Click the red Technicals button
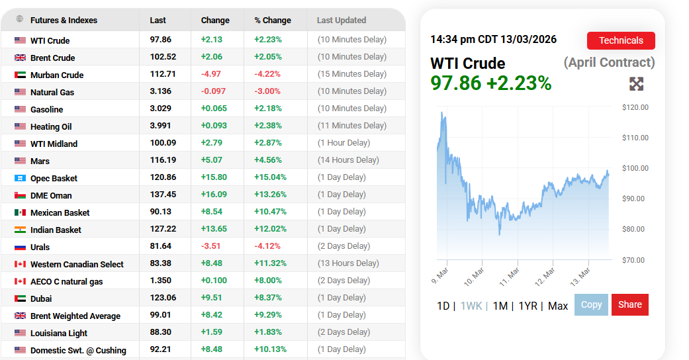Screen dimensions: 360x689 620,40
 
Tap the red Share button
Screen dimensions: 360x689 629,304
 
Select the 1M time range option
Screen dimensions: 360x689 500,306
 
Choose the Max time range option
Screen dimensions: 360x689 558,306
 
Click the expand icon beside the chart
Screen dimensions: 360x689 636,84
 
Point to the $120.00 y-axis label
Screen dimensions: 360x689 635,107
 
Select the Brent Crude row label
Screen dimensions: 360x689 52,58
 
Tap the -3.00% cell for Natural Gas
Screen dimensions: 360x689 267,91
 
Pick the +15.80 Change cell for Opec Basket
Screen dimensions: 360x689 214,177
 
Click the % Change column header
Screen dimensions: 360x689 272,21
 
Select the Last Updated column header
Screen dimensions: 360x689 342,21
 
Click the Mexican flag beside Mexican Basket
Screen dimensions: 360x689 20,212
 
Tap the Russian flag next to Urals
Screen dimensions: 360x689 20,247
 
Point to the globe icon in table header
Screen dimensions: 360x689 20,19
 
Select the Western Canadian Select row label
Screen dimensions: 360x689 77,264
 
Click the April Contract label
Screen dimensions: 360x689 609,63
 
